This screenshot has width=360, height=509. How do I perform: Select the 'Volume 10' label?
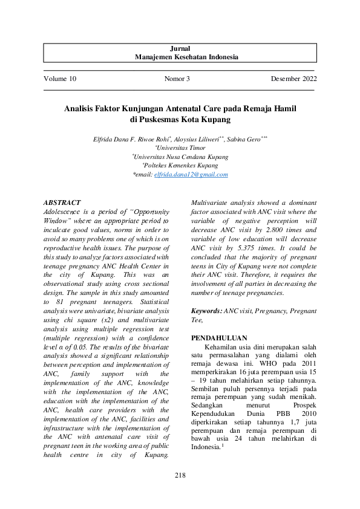tap(60, 79)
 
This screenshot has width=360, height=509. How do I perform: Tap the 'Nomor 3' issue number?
tap(177, 79)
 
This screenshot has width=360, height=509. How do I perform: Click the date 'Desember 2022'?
tap(294, 79)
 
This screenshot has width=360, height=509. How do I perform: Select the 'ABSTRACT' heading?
tap(62, 203)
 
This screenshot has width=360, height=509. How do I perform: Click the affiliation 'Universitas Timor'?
tap(180, 147)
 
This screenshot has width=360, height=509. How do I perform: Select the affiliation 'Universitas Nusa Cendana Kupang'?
tap(180, 156)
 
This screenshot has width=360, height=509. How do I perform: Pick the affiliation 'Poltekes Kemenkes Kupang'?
tap(180, 165)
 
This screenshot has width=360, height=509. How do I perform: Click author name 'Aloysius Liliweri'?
tap(199, 138)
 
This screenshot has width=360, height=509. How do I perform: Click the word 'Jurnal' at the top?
tap(180, 48)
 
